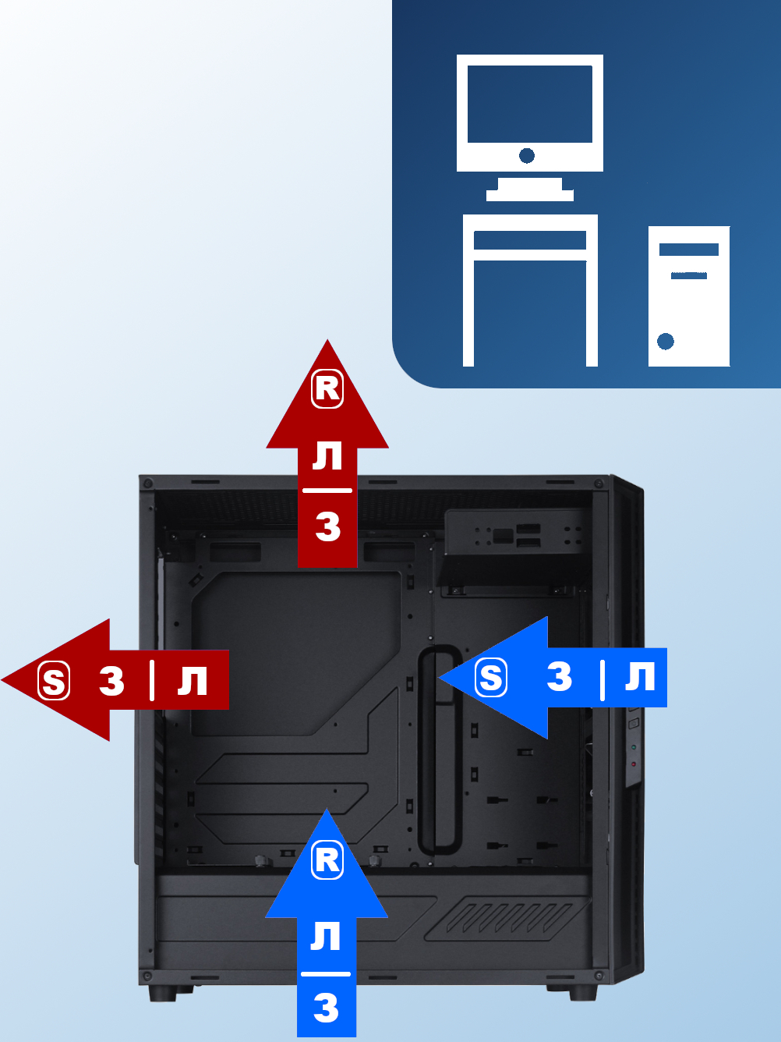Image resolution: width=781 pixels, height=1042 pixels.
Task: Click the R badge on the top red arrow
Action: tap(327, 388)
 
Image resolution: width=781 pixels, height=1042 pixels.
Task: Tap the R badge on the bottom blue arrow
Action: tap(327, 859)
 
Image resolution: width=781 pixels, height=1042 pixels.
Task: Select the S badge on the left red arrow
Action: tap(54, 681)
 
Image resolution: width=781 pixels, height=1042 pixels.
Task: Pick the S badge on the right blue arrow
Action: tap(491, 677)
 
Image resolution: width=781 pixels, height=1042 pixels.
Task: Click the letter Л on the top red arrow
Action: tap(327, 455)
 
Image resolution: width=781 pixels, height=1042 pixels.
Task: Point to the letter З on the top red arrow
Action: tap(328, 526)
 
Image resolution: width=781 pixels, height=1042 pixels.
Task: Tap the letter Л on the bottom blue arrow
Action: tap(326, 936)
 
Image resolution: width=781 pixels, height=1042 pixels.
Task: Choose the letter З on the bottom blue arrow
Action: tap(327, 1008)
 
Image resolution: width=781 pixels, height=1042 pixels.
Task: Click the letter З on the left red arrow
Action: tap(112, 682)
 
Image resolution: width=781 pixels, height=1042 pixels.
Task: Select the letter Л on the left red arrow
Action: tap(193, 681)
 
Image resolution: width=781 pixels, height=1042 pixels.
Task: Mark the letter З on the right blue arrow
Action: tap(560, 677)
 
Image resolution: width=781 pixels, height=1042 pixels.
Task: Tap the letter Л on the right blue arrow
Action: tap(640, 677)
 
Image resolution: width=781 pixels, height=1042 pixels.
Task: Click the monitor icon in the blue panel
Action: tap(530, 125)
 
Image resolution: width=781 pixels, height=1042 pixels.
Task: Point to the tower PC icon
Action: tap(689, 296)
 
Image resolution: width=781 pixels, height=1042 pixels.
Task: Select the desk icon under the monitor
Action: tap(530, 289)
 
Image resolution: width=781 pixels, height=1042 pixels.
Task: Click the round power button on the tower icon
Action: tap(666, 341)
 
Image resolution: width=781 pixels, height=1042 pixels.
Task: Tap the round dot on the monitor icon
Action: tap(527, 156)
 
